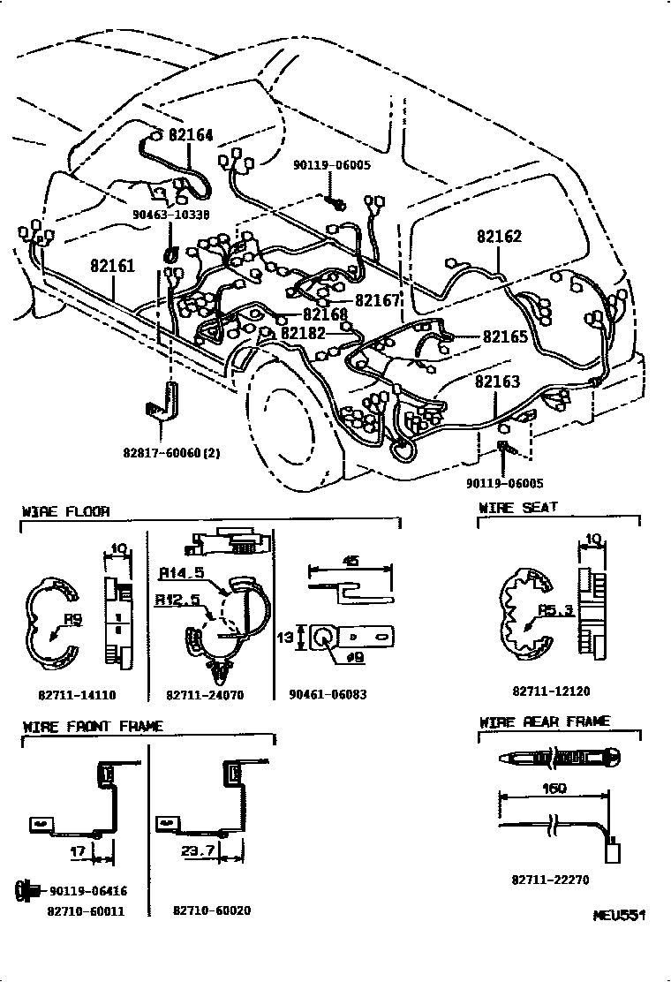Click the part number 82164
(x=191, y=136)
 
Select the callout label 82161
(x=112, y=265)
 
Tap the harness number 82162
(x=500, y=237)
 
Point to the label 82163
(x=497, y=382)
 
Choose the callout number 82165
(x=505, y=336)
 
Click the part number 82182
(x=303, y=333)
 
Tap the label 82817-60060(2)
(x=171, y=453)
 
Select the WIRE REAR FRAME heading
(x=544, y=721)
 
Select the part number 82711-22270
(x=550, y=880)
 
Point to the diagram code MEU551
(x=619, y=916)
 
